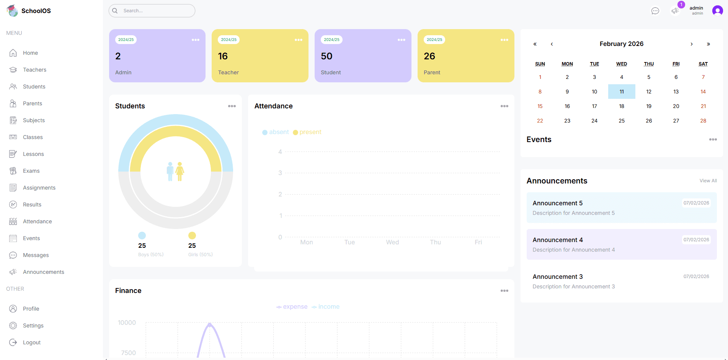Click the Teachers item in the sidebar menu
coord(34,70)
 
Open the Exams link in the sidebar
coord(31,171)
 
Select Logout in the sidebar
coord(31,342)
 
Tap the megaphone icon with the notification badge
coord(675,11)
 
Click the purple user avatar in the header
coord(717,11)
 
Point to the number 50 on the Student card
coord(326,56)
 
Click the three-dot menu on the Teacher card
coord(299,40)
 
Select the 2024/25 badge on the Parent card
coord(434,40)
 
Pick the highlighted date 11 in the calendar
coord(622,92)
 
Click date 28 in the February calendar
coord(703,121)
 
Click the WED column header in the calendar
coord(622,64)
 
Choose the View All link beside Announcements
coord(708,181)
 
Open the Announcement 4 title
coord(558,240)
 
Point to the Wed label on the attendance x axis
coord(392,242)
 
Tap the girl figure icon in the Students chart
coord(180,171)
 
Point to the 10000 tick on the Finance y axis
coord(127,322)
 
